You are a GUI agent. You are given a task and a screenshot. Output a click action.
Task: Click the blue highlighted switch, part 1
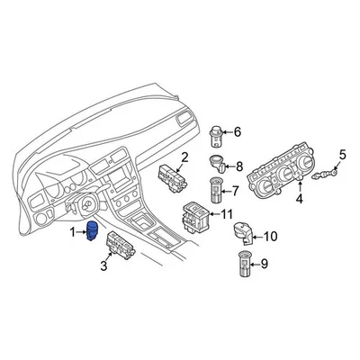pyautogui.click(x=92, y=232)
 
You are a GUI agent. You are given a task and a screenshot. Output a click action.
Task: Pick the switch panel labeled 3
pyautogui.click(x=122, y=245)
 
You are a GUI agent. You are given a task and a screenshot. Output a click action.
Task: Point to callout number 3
pyautogui.click(x=103, y=267)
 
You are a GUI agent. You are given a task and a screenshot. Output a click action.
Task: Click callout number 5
pyautogui.click(x=341, y=155)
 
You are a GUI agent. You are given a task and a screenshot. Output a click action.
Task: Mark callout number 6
pyautogui.click(x=238, y=133)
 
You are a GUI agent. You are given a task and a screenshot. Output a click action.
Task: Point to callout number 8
pyautogui.click(x=238, y=166)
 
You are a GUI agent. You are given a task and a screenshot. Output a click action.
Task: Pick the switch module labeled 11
pyautogui.click(x=196, y=216)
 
